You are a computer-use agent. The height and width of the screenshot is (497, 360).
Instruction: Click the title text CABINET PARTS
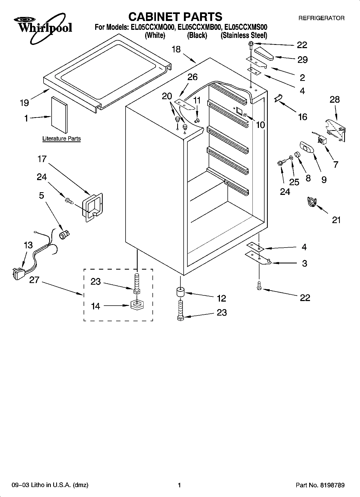coord(175,17)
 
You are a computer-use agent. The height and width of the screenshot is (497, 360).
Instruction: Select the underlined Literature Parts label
coord(62,139)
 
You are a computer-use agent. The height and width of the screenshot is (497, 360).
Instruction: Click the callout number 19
coord(24,102)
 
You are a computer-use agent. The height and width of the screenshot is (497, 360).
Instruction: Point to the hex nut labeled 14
coord(137,305)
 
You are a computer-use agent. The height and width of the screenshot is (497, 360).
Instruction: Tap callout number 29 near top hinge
coord(302,60)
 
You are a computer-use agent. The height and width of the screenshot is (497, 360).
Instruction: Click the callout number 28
coord(335,99)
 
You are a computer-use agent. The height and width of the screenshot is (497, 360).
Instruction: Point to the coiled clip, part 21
coord(312,202)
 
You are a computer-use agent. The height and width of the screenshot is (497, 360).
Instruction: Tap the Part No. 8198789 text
coord(320,485)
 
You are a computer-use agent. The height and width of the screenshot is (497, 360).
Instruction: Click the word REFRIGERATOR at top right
coord(321,18)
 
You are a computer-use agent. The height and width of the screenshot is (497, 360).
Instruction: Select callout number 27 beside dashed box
coord(34,280)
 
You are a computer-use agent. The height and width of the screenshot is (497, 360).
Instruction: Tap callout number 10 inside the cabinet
coord(260,125)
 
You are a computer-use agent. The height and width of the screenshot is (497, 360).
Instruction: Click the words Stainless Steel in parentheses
coord(244,35)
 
